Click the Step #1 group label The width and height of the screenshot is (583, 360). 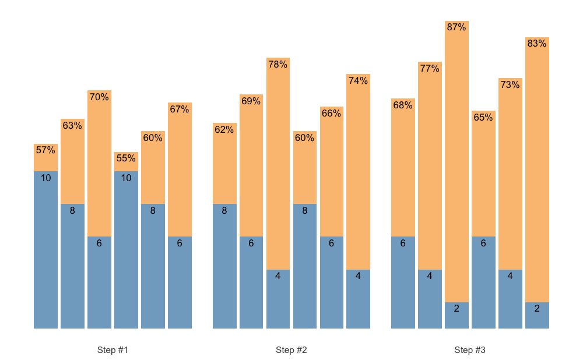click(x=113, y=350)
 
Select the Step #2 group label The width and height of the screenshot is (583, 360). click(x=291, y=350)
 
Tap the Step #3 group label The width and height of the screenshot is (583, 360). click(x=470, y=350)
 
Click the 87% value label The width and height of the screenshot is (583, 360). click(x=456, y=27)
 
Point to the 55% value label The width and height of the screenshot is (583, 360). click(x=126, y=158)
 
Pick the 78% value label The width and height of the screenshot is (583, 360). click(x=278, y=64)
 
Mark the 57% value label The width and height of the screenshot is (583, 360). click(x=45, y=150)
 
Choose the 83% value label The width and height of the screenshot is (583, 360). click(x=537, y=43)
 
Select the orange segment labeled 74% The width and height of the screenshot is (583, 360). click(x=358, y=175)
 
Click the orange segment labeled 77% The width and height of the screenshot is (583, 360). click(x=430, y=169)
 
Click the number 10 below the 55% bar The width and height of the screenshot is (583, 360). click(x=126, y=178)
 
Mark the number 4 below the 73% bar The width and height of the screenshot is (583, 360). click(x=510, y=276)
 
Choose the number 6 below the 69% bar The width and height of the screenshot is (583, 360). click(x=251, y=243)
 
